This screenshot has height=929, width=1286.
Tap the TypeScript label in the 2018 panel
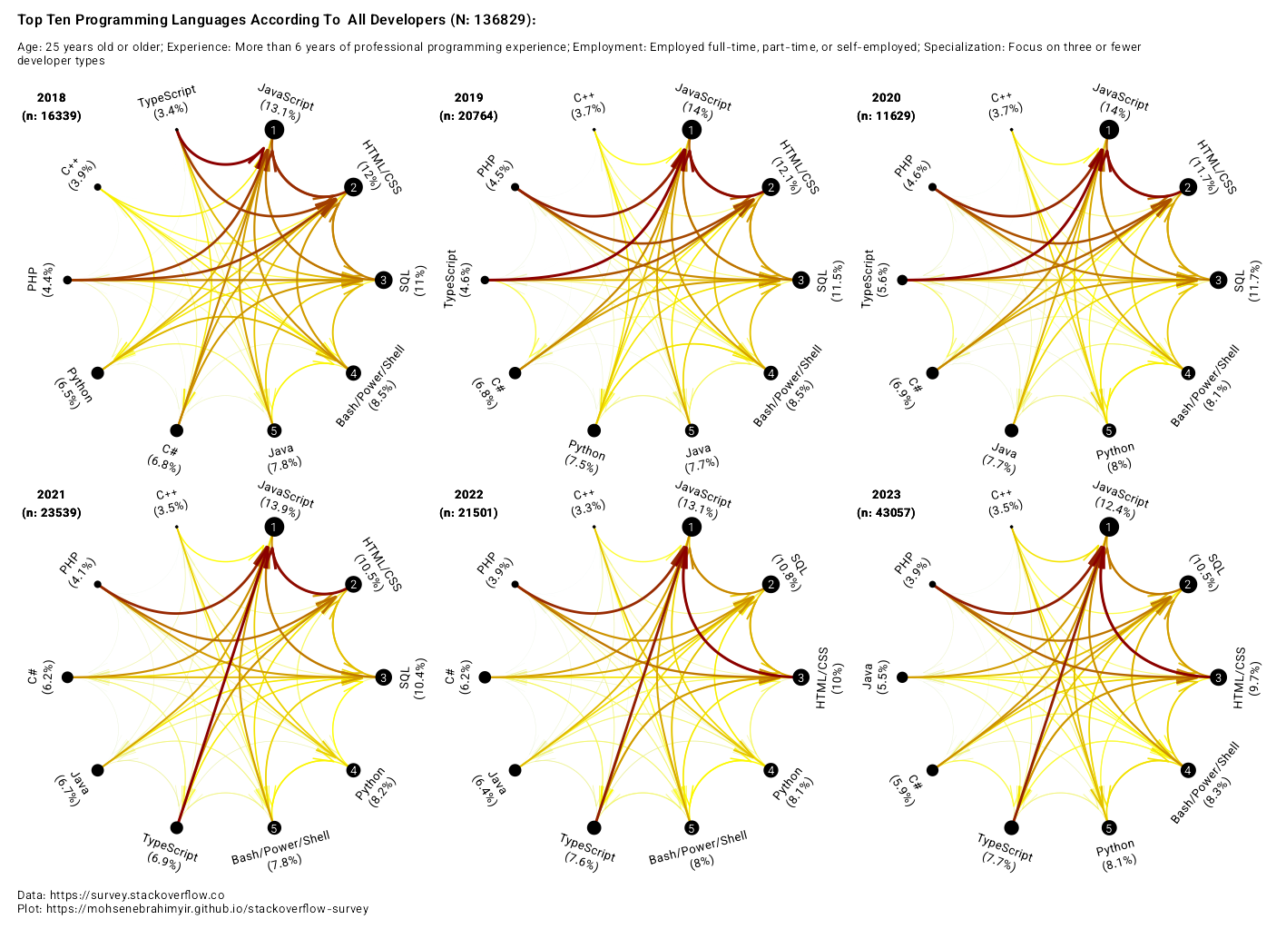tap(168, 101)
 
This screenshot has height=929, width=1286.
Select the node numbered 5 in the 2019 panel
tap(692, 430)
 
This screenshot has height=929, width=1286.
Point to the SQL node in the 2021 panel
tap(384, 677)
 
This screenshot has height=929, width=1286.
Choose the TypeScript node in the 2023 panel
tap(1011, 827)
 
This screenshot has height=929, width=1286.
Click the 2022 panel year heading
tap(468, 495)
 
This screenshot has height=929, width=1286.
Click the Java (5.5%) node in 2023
tap(902, 677)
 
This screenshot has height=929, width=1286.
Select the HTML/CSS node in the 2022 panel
tap(800, 677)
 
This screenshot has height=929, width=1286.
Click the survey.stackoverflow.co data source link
tap(136, 895)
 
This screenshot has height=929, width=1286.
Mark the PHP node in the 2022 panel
tap(515, 584)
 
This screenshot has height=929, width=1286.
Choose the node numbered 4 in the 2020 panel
tap(1187, 372)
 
